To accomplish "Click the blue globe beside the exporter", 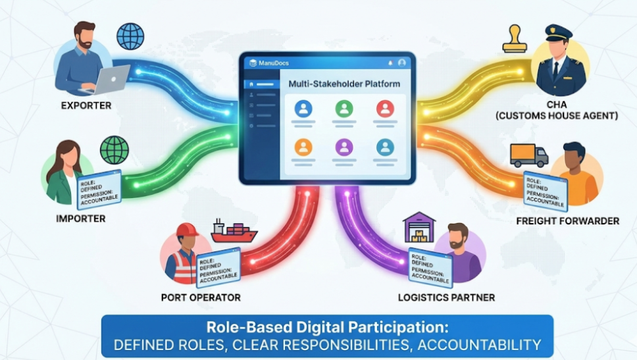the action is coord(130,37).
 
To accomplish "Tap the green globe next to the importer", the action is coord(115,150).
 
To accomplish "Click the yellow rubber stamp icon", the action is coord(515,39).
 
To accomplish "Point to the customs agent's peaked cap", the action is coord(559,32).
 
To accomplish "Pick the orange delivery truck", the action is coord(529,155).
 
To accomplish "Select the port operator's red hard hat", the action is coord(186,230).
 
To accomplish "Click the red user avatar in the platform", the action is coord(385,109).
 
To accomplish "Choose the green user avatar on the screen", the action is coord(344,109).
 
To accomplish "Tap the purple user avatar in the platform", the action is coord(344,147).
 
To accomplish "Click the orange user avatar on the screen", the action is coord(303,147).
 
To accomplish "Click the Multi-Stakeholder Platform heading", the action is coord(344,84).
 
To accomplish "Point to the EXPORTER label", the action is coord(86,106).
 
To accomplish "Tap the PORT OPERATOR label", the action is coord(201,297).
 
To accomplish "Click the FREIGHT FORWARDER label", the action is coord(567,221).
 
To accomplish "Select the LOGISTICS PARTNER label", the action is coord(446,297).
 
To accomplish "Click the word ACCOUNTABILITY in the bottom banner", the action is coord(479,345).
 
